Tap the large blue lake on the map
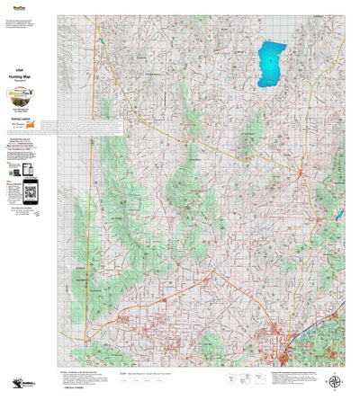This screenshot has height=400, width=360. (273, 65)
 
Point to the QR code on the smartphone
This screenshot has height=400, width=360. (30, 190)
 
